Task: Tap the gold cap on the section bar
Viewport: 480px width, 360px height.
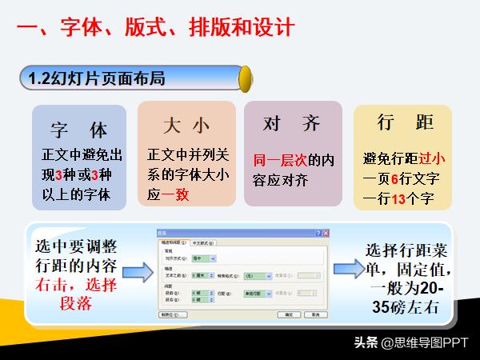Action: [246, 78]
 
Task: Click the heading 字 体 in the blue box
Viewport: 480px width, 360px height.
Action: [78, 129]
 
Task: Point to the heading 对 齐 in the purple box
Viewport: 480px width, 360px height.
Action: [292, 123]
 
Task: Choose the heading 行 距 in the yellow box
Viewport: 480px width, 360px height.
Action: [405, 122]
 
